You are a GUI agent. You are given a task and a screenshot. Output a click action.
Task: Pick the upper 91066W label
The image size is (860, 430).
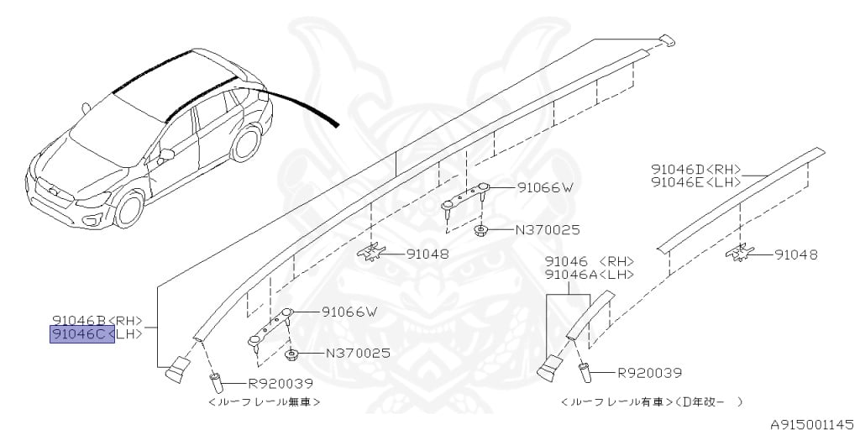(x=545, y=187)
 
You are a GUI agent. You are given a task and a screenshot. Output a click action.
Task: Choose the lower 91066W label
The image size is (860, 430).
(x=350, y=312)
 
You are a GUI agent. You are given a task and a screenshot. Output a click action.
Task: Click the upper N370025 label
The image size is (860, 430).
(x=548, y=230)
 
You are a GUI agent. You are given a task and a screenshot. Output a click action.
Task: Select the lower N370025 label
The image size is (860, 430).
(x=359, y=354)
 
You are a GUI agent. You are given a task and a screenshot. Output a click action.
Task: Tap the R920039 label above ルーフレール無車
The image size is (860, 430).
(x=281, y=384)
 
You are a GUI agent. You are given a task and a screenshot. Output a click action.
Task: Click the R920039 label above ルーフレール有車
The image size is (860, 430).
(x=650, y=373)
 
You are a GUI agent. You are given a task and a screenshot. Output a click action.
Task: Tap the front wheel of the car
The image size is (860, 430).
(x=128, y=208)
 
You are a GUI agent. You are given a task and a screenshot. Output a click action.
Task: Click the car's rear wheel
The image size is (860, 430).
(x=245, y=143)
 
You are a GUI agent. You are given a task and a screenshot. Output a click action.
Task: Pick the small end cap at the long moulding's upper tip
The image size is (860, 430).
(x=667, y=40)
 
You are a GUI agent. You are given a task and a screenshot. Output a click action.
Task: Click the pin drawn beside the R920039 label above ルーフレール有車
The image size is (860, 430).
(x=585, y=375)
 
